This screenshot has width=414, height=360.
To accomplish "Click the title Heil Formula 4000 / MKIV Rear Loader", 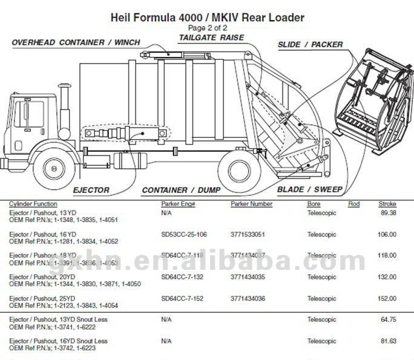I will click(x=207, y=17).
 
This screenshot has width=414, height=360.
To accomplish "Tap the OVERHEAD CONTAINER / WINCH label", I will click(x=76, y=42).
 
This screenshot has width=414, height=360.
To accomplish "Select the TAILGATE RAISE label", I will click(x=211, y=38).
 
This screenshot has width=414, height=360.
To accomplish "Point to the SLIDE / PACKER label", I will click(x=310, y=44).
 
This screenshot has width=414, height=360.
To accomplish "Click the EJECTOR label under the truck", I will click(x=91, y=190).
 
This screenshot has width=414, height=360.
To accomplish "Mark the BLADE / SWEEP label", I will click(x=309, y=190).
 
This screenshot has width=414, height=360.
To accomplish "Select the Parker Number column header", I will click(x=251, y=204).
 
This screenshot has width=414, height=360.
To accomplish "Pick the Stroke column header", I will click(x=387, y=204).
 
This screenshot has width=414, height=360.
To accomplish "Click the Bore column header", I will click(x=314, y=204).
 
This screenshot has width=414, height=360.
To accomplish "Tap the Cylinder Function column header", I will click(x=33, y=204).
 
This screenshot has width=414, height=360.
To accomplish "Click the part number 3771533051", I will click(x=248, y=234).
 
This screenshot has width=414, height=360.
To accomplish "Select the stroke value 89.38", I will click(x=388, y=213).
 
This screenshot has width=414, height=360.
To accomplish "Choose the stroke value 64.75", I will click(x=388, y=319).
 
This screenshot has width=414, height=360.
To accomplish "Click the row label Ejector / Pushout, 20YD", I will click(x=42, y=277).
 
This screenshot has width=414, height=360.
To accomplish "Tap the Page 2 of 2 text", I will click(x=207, y=28).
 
